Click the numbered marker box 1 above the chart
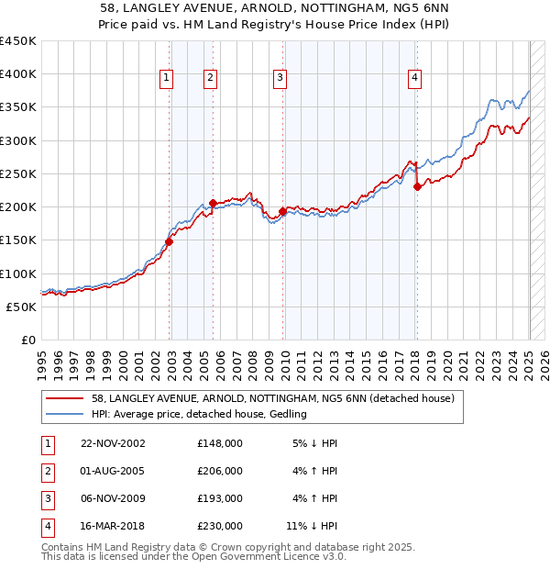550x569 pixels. tap(167, 79)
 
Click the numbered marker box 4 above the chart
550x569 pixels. tap(415, 79)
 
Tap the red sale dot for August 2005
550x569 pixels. tap(213, 203)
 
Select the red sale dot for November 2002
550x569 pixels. tap(170, 241)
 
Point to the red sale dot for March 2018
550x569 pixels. tap(417, 186)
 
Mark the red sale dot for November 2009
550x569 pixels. tap(282, 211)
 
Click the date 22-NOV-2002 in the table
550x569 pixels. tap(113, 443)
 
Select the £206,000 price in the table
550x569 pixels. tap(220, 471)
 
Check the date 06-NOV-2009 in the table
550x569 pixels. tap(113, 498)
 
